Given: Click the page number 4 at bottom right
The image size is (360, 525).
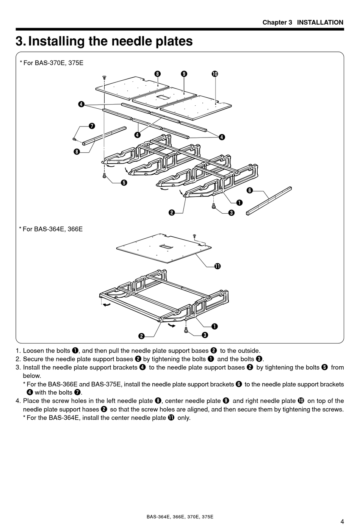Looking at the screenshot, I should point(342,521).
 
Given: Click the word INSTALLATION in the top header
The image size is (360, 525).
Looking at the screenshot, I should point(320,22).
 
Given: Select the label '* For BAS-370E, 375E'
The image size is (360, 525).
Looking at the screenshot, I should point(51,63).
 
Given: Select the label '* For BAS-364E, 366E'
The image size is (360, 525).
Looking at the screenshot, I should point(51,229).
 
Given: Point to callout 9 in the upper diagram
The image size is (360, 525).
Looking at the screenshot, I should point(184,74).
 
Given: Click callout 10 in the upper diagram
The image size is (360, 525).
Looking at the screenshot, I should point(215,74).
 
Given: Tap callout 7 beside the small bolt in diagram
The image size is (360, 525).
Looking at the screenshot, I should point(92,126).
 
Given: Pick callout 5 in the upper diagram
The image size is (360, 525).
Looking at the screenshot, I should point(124,183).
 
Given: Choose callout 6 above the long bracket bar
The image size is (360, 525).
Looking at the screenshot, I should point(249,190).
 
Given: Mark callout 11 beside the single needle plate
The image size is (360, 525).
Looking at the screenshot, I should point(217,266).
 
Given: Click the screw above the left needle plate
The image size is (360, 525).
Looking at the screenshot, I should point(104,77).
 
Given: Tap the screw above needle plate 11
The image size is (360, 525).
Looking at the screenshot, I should point(194,236).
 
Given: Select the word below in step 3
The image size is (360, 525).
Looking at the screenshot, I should point(31,376).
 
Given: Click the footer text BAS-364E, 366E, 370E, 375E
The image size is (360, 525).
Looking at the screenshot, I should point(180,517).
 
